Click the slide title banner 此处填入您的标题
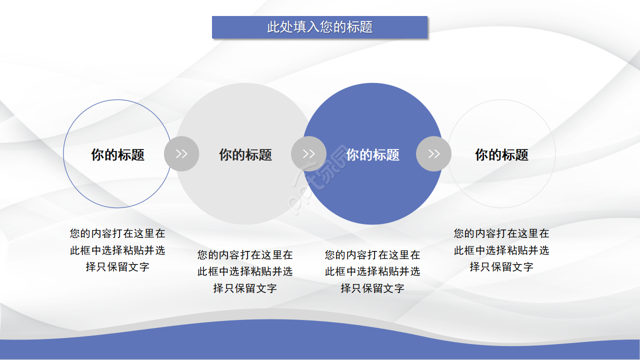[319, 27]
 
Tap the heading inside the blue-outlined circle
[117, 154]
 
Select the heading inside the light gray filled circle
[245, 154]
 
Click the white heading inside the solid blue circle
[372, 154]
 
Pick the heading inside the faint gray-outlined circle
[501, 154]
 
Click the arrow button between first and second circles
[181, 153]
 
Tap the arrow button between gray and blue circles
[308, 153]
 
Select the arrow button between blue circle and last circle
[433, 153]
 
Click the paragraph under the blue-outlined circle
[117, 250]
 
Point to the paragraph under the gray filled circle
[245, 271]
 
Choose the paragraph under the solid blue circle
[372, 271]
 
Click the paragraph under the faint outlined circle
[501, 250]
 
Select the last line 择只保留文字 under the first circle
[117, 267]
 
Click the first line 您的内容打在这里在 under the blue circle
[372, 255]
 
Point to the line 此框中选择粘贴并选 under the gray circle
[245, 271]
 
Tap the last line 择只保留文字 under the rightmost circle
[501, 267]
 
